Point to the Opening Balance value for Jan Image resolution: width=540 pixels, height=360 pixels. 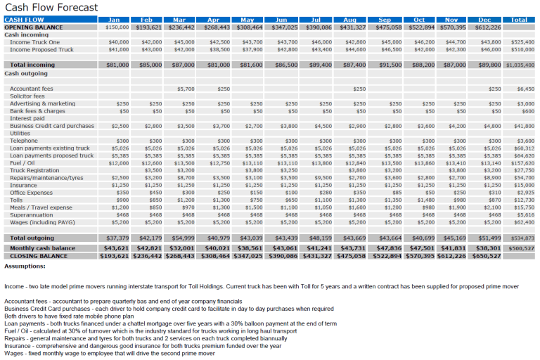coord(117,27)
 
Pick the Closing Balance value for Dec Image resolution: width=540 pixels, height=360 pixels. coord(487,257)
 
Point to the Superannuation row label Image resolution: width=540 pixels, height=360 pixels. coord(32,214)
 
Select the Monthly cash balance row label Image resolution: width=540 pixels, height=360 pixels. coord(43,248)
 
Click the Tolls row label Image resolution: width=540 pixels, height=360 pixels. coord(17,200)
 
